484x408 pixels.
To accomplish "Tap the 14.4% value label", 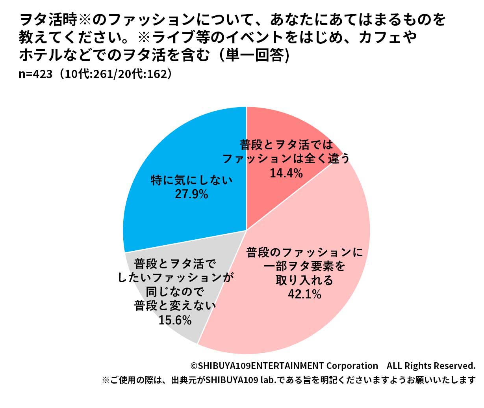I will pos(286,173).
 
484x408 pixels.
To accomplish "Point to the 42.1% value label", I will pos(304,294).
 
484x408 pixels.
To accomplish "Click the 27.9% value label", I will pos(191,194).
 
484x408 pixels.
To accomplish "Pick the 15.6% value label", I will pos(175,320).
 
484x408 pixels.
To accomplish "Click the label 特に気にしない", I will pos(192,181).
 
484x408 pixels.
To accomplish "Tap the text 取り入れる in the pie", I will pos(304,280).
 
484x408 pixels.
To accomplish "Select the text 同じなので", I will pos(175,292).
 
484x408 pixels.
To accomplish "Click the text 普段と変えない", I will pos(175,306).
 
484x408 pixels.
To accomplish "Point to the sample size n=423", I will pos(35,74).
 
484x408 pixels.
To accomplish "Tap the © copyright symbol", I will pos(194,366).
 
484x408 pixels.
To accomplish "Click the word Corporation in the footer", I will pos(352,366).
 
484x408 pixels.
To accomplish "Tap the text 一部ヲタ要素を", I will pos(304,266).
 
